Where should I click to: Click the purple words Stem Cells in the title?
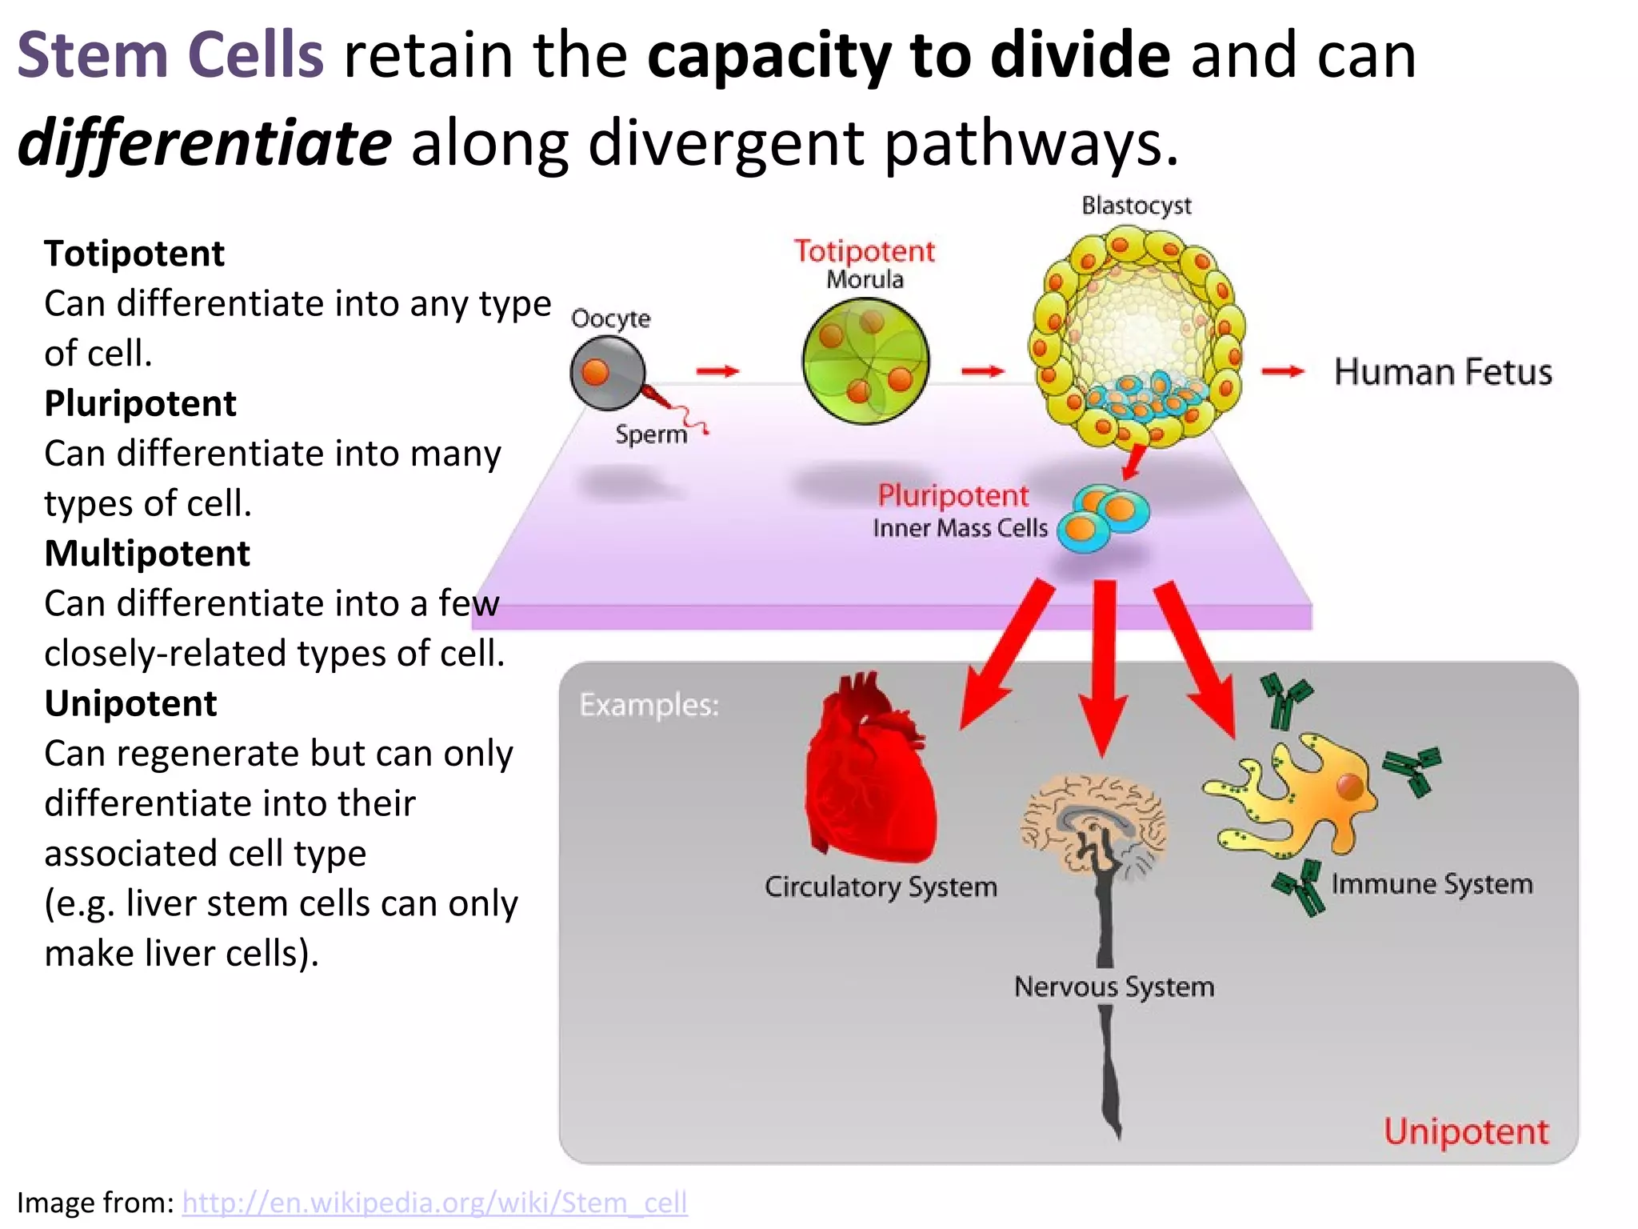point(170,56)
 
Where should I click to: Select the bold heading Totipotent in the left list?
point(134,254)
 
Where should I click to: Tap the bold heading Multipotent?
point(146,554)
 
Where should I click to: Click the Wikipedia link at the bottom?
point(434,1203)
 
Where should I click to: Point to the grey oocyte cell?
point(607,373)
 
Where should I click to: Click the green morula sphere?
point(865,362)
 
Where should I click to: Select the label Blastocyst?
point(1136,206)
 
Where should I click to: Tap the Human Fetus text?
point(1443,373)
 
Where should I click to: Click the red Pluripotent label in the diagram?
point(953,496)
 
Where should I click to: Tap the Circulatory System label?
point(881,887)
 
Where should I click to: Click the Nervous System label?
point(1113,987)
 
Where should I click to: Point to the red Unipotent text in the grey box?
point(1466,1132)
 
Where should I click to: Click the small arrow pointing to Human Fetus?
point(1282,371)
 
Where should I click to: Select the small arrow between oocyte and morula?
point(717,371)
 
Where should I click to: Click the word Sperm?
point(651,434)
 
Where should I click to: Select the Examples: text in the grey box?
point(649,705)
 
